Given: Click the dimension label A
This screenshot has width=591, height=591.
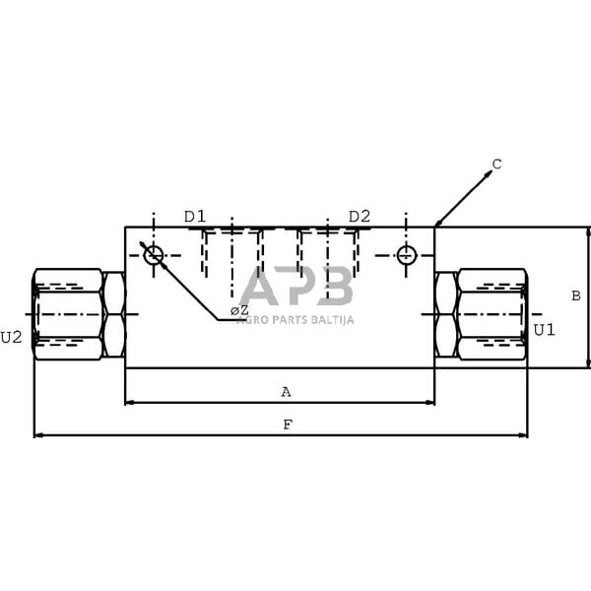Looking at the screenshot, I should (287, 392).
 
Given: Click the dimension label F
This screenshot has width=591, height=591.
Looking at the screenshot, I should (287, 425).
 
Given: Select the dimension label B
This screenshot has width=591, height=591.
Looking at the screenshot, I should (576, 295).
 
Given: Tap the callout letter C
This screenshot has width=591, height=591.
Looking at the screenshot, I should (496, 164).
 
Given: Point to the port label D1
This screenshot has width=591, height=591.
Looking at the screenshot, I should (195, 217).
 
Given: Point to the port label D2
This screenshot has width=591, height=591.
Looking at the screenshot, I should (359, 217).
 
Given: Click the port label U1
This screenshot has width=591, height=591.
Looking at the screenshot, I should (544, 329).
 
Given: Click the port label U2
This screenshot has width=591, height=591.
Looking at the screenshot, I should (11, 337).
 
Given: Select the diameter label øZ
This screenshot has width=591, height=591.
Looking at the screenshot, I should (239, 311).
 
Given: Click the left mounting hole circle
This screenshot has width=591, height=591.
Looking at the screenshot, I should (153, 256).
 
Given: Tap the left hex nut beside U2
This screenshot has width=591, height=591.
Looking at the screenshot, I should (114, 315).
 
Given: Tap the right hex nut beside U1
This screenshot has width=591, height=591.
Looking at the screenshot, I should (446, 315).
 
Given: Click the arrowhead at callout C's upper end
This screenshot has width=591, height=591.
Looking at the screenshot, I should (487, 174).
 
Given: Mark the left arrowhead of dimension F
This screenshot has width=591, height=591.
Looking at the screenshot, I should (38, 434).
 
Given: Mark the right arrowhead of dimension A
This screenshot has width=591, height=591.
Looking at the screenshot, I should (429, 402).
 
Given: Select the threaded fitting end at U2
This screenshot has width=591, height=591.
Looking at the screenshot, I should (68, 314).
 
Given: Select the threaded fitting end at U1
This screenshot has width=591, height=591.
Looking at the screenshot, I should (492, 314).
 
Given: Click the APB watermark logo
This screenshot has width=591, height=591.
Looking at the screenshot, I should (296, 287).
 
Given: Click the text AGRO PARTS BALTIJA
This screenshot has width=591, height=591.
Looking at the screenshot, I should (295, 319).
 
